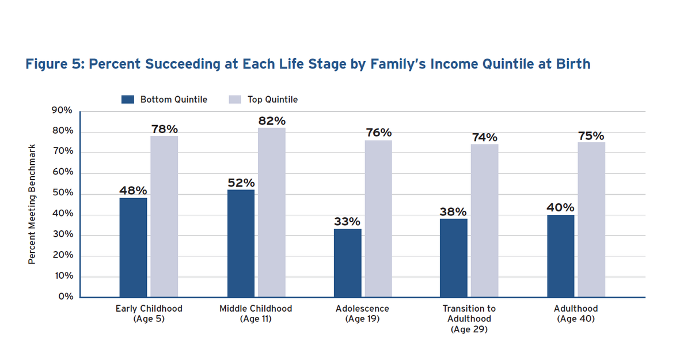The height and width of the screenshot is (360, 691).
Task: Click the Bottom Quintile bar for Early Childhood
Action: (133, 248)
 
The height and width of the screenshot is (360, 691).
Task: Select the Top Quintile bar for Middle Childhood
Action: (271, 213)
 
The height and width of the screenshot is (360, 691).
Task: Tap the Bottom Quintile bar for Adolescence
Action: (348, 263)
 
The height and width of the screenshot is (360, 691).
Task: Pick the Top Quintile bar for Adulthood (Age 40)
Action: (591, 219)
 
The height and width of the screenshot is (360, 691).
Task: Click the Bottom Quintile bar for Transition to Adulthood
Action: (454, 258)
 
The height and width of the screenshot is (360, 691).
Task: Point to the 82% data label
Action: (272, 121)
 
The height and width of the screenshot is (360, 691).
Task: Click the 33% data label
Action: (347, 222)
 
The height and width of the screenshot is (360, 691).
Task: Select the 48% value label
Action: (133, 191)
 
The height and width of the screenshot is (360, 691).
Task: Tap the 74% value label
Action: (484, 138)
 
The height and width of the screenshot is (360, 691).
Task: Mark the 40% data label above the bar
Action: (560, 207)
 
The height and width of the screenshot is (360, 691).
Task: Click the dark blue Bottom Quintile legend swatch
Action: (128, 100)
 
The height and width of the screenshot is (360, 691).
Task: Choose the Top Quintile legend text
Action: (272, 100)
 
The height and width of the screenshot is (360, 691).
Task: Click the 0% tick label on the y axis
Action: (66, 297)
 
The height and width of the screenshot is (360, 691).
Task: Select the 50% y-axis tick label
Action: (63, 193)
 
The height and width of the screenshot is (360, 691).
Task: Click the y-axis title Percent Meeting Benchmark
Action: (32, 204)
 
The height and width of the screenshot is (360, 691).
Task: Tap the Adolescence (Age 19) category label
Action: (362, 313)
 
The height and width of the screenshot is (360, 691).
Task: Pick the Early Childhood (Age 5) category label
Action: (149, 313)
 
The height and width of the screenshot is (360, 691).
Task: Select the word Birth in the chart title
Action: (571, 63)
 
